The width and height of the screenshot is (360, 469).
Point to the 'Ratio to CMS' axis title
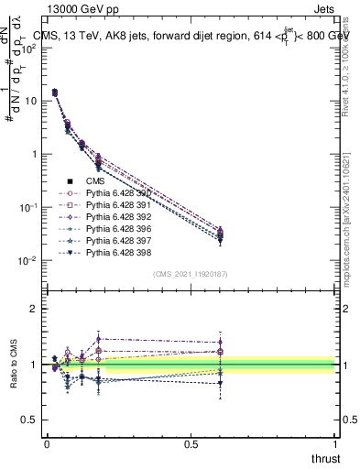(x=14, y=365)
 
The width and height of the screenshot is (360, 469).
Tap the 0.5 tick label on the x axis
(x=191, y=444)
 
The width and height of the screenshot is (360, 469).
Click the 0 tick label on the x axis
(x=47, y=444)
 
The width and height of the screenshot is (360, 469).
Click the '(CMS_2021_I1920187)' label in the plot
(x=191, y=273)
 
